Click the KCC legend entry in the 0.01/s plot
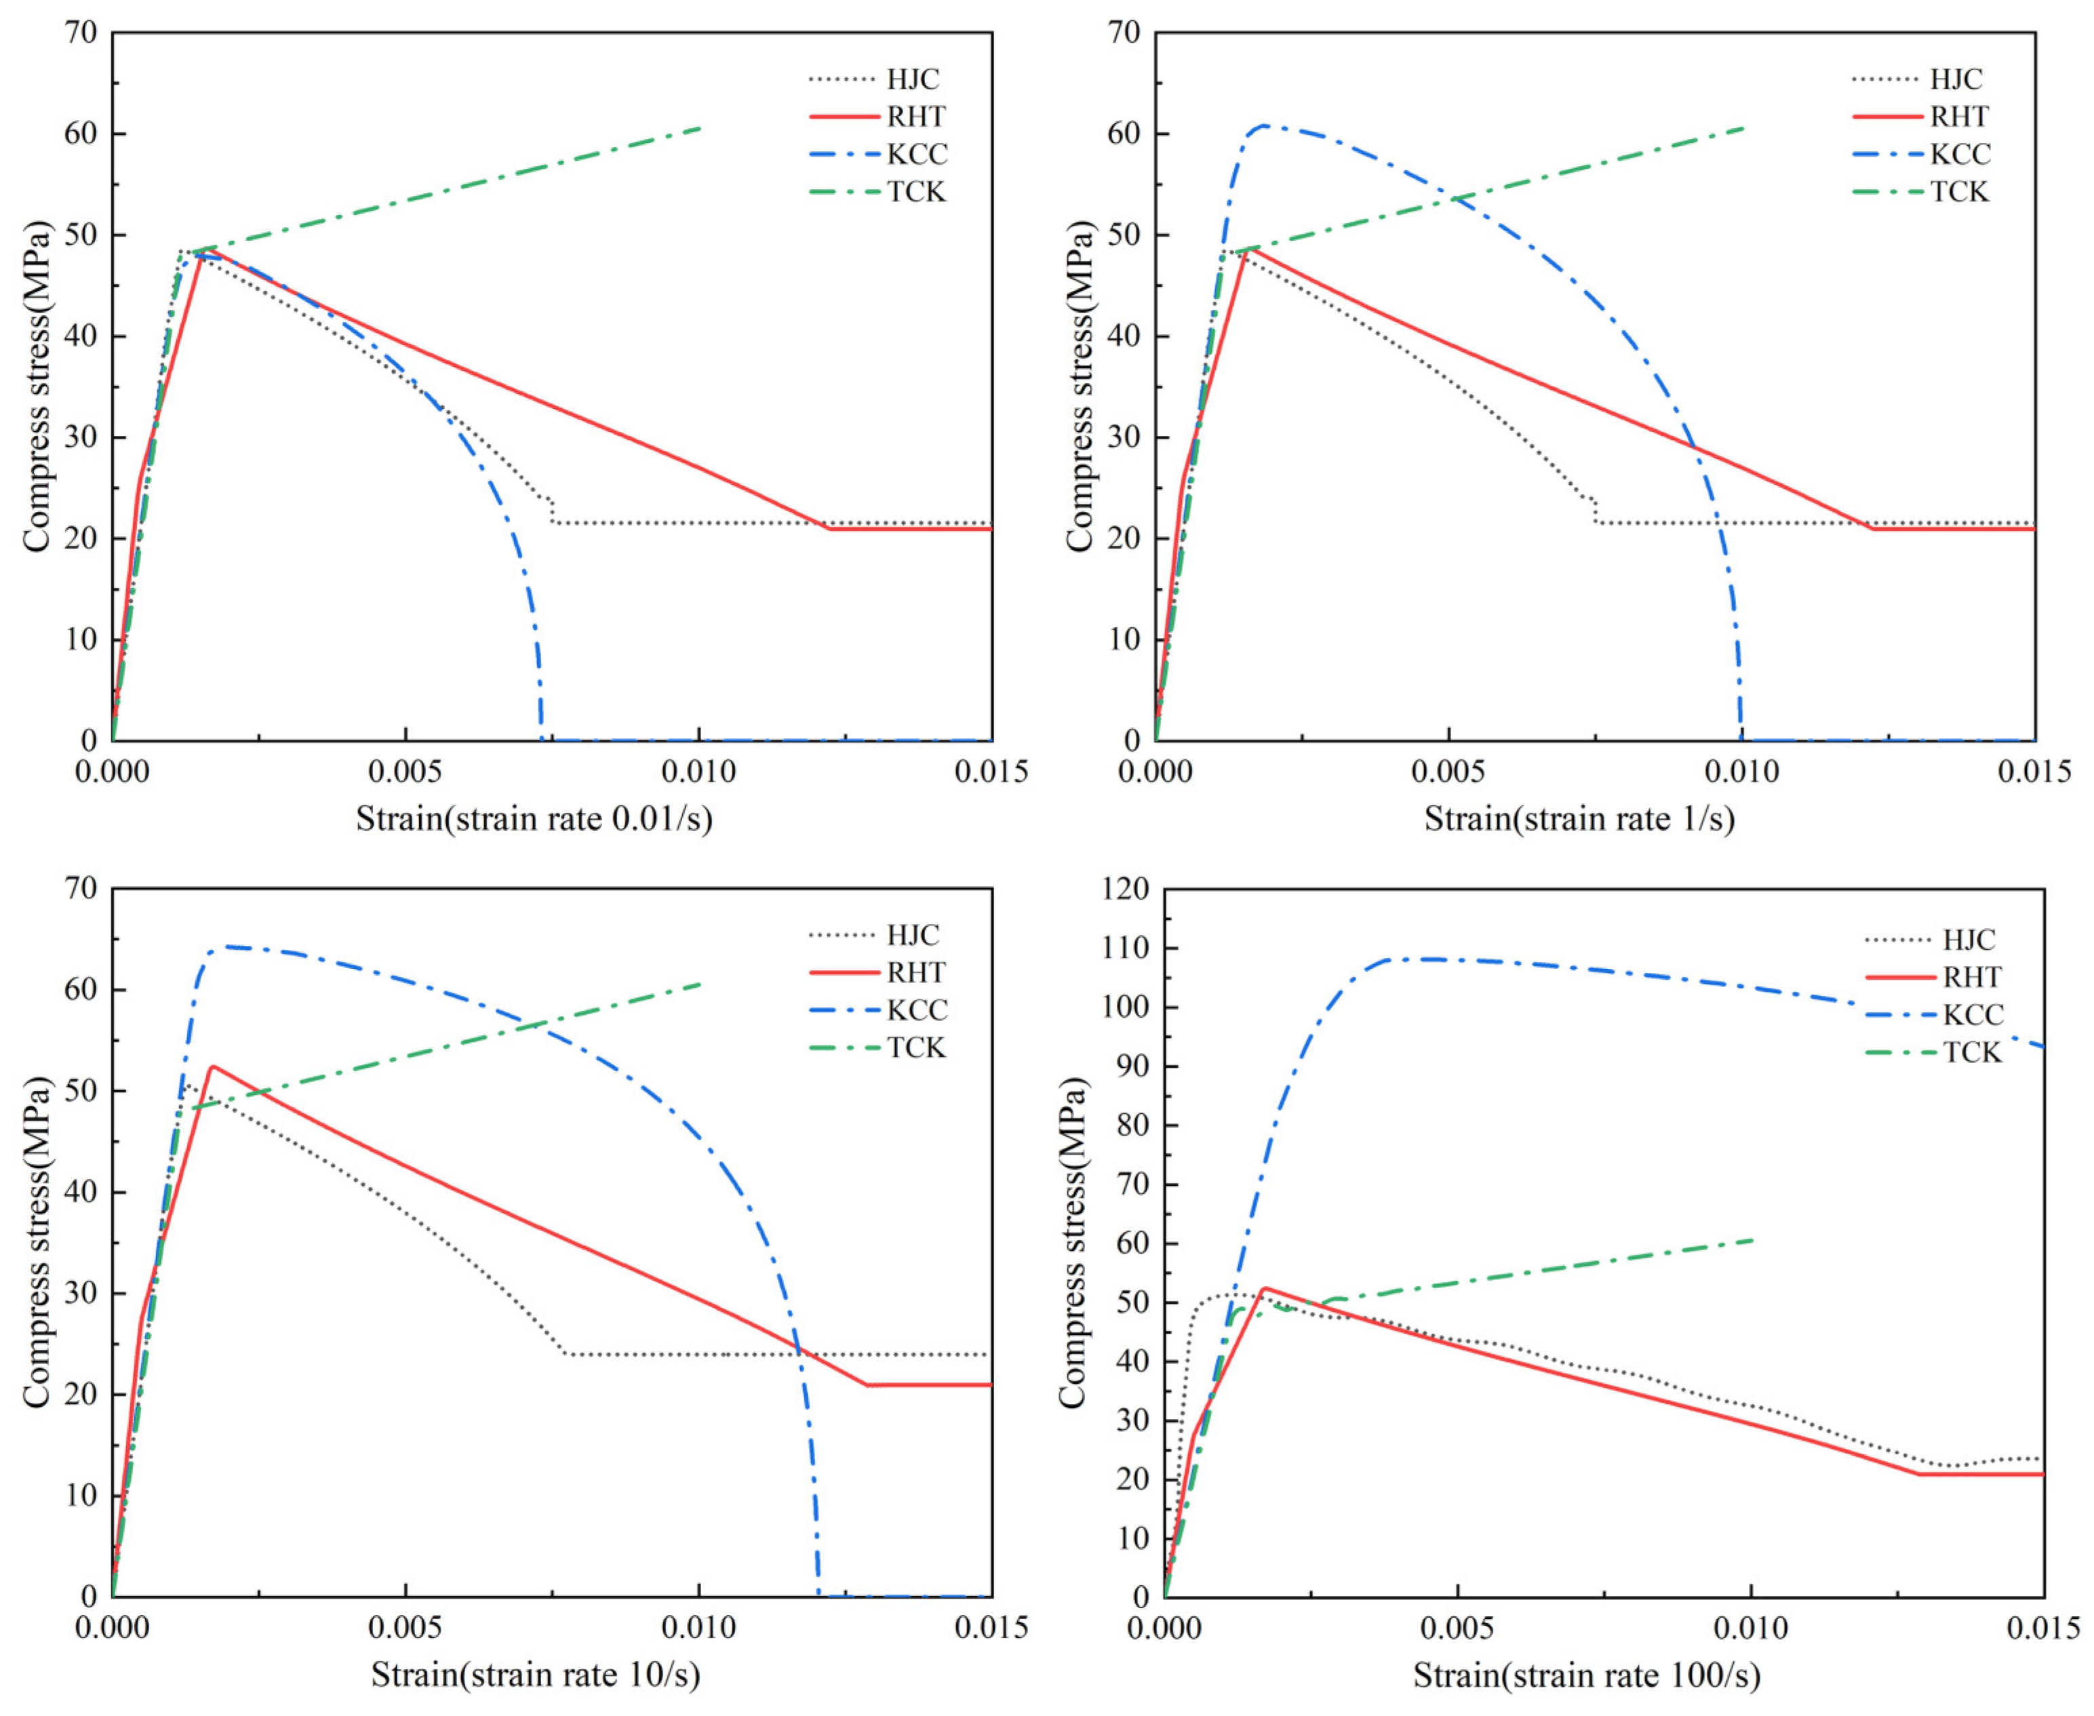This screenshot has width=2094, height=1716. (x=915, y=154)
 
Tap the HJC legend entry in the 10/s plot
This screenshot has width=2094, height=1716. (x=911, y=935)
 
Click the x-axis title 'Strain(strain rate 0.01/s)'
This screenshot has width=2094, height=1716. (x=534, y=818)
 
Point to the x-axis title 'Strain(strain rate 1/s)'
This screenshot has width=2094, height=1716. (x=1579, y=818)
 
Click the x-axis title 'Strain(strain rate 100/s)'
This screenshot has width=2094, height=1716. (x=1586, y=1675)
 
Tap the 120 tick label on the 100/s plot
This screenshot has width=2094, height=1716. (x=1126, y=890)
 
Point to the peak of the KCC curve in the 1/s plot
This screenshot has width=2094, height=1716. (x=1263, y=125)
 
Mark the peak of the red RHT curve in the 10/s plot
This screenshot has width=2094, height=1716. (x=212, y=1066)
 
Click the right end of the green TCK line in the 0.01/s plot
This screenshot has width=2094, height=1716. (x=700, y=127)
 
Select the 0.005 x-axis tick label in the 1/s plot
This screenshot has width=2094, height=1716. (x=1447, y=771)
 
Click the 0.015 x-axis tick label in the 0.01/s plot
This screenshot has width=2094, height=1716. (x=991, y=771)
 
